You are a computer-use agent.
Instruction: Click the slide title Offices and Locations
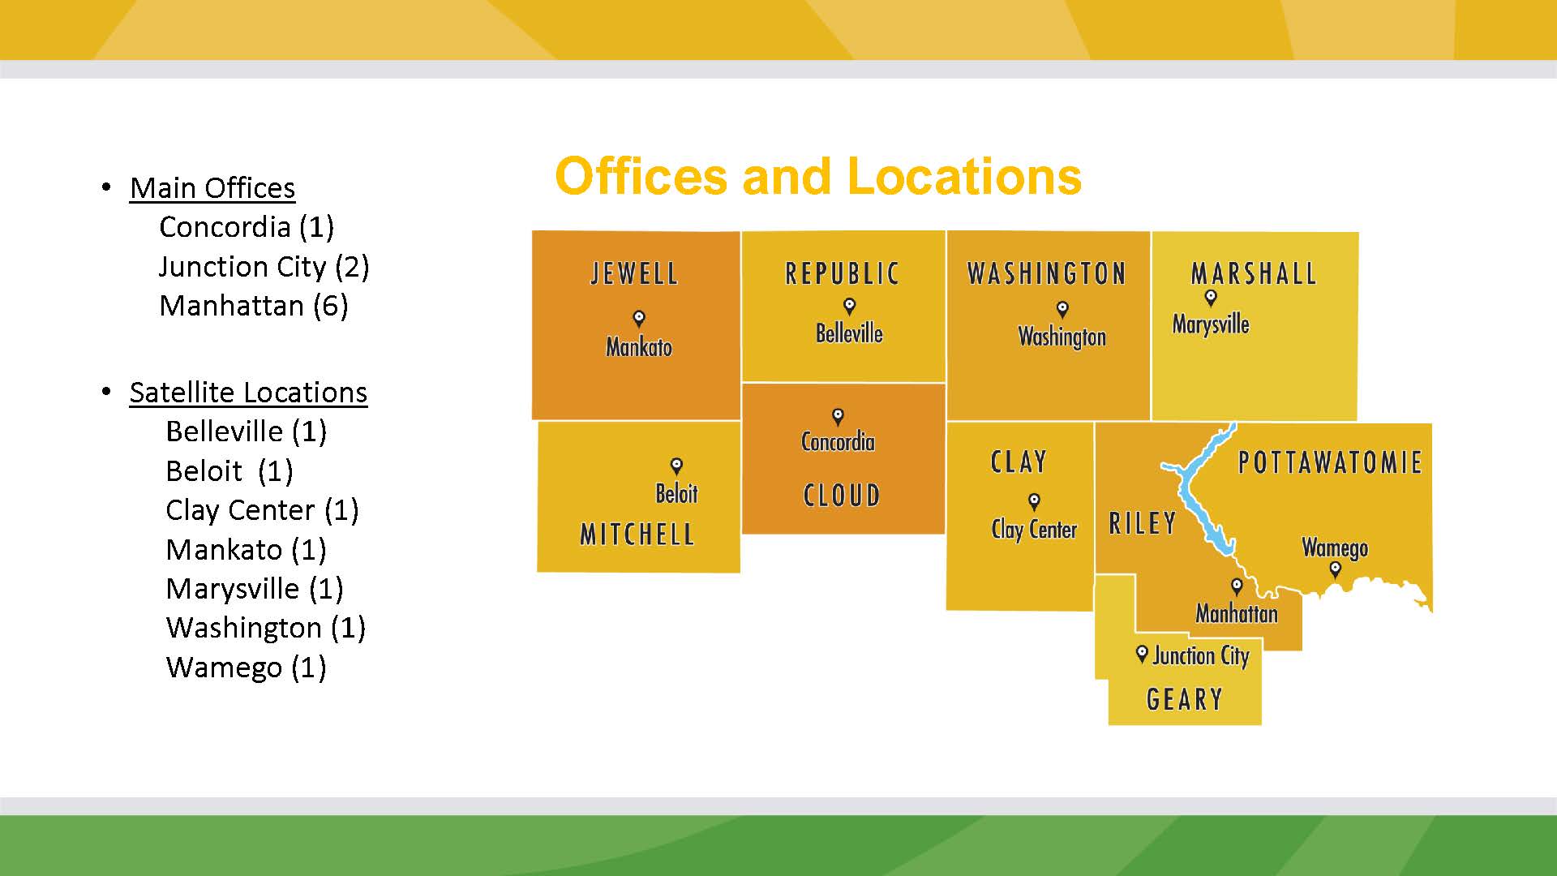818,176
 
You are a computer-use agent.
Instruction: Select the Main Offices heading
212,188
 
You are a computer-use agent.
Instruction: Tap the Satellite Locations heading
248,393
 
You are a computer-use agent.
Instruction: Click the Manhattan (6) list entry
254,306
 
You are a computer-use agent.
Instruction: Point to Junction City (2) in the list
264,267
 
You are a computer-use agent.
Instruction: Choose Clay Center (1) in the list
262,510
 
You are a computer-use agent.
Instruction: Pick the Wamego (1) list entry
246,668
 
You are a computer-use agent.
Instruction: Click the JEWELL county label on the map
634,273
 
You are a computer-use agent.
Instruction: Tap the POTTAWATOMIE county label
1330,462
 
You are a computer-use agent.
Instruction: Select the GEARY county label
1184,699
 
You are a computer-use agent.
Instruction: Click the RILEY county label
1142,523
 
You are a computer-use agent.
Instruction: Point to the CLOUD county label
842,496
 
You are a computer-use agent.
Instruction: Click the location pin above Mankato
639,318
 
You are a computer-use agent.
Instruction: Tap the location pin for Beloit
676,466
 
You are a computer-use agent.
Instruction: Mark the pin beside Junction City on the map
1142,653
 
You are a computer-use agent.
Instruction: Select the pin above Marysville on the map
1211,298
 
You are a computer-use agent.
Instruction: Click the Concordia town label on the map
838,442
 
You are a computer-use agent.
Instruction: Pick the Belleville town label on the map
849,333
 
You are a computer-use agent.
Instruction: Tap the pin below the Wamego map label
1335,569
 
